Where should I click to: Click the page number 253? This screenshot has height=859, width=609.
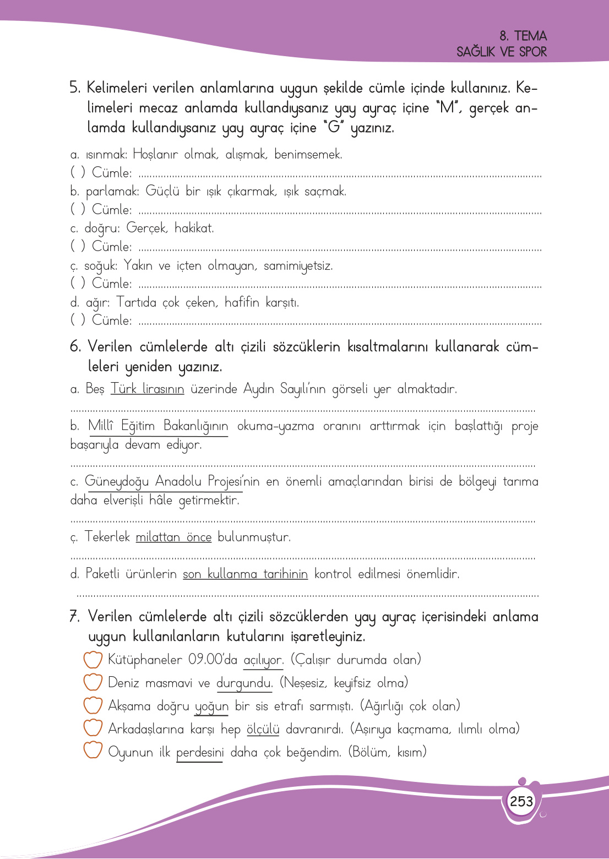point(521,801)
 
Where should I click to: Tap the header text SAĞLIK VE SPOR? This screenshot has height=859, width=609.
point(501,52)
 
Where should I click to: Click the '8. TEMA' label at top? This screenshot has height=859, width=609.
point(523,36)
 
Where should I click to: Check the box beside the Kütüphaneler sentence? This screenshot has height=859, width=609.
point(93,659)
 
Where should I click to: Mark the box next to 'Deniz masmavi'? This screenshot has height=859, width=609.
point(93,682)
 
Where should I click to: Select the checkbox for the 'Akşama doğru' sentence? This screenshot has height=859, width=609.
point(93,705)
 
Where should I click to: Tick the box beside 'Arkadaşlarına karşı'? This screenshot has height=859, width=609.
point(93,728)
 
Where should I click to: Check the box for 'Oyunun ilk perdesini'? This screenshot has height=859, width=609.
point(93,751)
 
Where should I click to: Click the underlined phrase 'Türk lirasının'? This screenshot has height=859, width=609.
point(147,389)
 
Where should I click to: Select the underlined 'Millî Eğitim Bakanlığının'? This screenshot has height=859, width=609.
point(158,426)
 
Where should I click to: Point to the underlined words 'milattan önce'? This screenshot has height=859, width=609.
point(173,537)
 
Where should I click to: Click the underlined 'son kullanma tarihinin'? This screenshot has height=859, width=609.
point(245,574)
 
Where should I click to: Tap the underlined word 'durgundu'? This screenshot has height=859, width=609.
point(244,683)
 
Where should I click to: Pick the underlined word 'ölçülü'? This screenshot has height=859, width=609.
point(263,729)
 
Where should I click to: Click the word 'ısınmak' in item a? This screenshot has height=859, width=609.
point(106,155)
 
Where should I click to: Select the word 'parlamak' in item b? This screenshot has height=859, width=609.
point(112,192)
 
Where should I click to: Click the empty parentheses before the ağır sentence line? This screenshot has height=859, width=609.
point(78,320)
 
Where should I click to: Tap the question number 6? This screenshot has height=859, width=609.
point(75,347)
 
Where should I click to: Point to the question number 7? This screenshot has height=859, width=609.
point(75,616)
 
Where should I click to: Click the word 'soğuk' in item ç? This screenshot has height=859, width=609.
point(100,266)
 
